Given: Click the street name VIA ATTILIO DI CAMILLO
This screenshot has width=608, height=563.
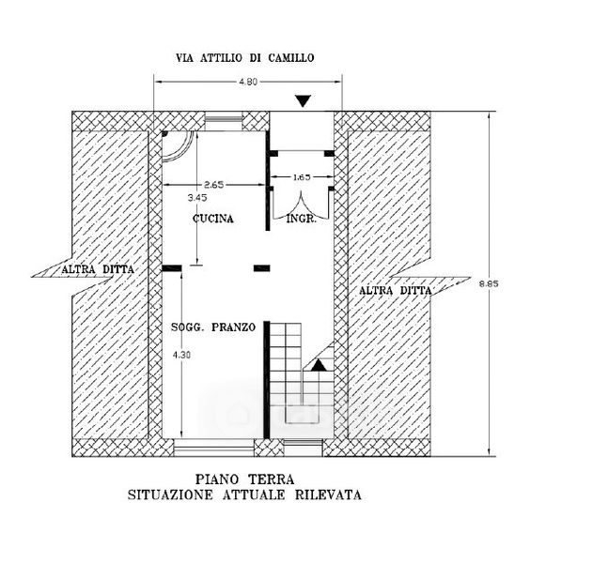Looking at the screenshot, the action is coord(244,58).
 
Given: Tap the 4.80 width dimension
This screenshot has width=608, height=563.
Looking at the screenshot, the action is coord(248,82).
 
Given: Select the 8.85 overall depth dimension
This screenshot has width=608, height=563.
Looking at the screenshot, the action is coord(489,283).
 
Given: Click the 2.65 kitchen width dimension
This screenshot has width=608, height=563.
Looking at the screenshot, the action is coord(214,185).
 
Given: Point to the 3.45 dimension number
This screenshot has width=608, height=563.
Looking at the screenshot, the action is coord(197,198).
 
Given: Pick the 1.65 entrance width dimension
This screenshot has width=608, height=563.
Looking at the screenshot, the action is coord(302,177).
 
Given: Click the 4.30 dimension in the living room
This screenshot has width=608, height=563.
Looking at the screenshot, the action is coord(181,355).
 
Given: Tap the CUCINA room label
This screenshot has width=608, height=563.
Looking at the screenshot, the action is coord(213,219).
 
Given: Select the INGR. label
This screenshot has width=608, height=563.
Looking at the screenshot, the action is coord(302,219).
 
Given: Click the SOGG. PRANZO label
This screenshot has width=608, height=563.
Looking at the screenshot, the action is coord(213,327).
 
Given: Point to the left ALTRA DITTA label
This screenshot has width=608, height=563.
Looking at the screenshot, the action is coord(98,269).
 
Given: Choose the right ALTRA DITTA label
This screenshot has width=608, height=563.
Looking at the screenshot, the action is coord(395,290).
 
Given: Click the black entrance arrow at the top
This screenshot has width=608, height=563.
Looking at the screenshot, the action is coord(304,101).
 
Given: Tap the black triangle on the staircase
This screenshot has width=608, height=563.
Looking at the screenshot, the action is coord(320,365).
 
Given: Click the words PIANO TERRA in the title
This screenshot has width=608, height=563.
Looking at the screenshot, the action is coord(244,479).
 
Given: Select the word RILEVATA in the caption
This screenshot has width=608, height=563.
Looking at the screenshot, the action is coord(328,495).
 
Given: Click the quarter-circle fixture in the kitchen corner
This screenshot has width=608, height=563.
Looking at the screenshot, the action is coord(178,146).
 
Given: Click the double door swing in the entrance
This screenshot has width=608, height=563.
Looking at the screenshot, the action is coord(302,205).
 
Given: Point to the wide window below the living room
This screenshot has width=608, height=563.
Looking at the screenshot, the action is coord(213,448).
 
